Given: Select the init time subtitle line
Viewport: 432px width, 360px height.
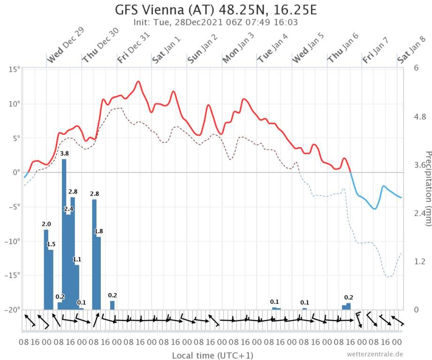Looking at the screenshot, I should (x=216, y=22).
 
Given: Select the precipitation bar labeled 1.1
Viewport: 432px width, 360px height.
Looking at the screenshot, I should (x=77, y=286).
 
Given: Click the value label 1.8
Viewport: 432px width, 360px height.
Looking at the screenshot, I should (x=99, y=231).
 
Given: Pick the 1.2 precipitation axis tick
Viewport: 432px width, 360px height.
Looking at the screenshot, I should (x=420, y=261).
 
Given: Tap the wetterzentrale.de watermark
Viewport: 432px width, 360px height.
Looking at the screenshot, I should (x=375, y=354).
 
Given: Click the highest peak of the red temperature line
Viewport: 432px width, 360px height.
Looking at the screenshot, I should (x=138, y=82).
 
